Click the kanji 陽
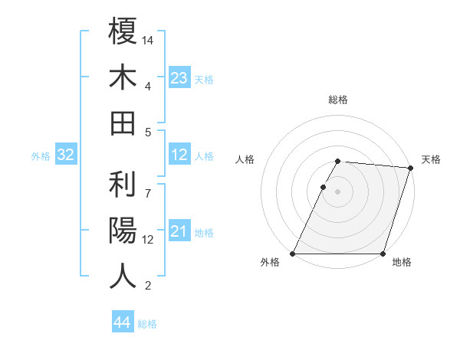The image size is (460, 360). click(123, 230)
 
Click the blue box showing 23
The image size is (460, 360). click(179, 77)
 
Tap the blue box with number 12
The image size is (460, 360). click(179, 155)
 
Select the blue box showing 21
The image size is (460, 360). click(179, 231)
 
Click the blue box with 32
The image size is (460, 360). click(66, 155)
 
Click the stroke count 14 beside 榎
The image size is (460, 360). click(148, 40)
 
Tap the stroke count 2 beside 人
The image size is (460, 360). click(148, 286)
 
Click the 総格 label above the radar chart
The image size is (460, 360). click(338, 100)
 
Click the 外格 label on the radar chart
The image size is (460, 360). click(270, 263)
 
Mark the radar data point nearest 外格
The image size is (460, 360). click(293, 254)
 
